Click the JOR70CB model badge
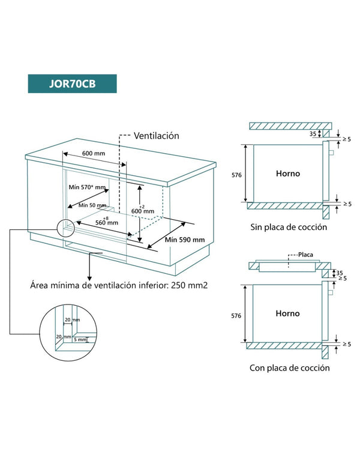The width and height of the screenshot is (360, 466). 72,83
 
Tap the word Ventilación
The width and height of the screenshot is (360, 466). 156,136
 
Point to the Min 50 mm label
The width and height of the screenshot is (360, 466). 92,205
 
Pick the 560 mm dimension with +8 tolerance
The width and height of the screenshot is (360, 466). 107,222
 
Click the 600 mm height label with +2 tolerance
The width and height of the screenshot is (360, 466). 143,211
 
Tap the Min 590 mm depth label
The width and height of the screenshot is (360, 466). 185,240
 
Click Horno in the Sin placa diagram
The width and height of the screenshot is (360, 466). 287,174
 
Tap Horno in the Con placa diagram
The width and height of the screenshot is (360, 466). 287,313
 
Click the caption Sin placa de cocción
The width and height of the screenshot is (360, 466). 289,228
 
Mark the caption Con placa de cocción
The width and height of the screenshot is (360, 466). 290,368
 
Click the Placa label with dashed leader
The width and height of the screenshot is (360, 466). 305,255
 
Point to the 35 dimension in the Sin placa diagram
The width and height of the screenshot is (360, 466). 313,134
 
